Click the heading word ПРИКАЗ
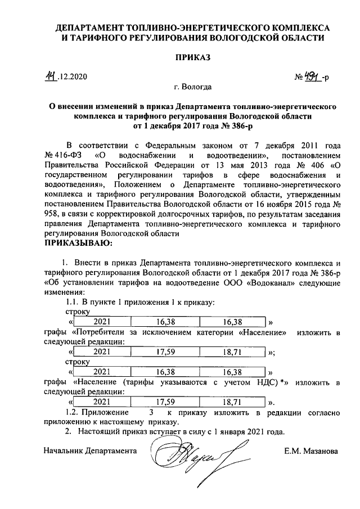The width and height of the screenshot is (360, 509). pyautogui.click(x=193, y=57)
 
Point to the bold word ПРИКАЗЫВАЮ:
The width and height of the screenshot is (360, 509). pyautogui.click(x=78, y=244)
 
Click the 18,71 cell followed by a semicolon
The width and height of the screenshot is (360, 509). pyautogui.click(x=232, y=352)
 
